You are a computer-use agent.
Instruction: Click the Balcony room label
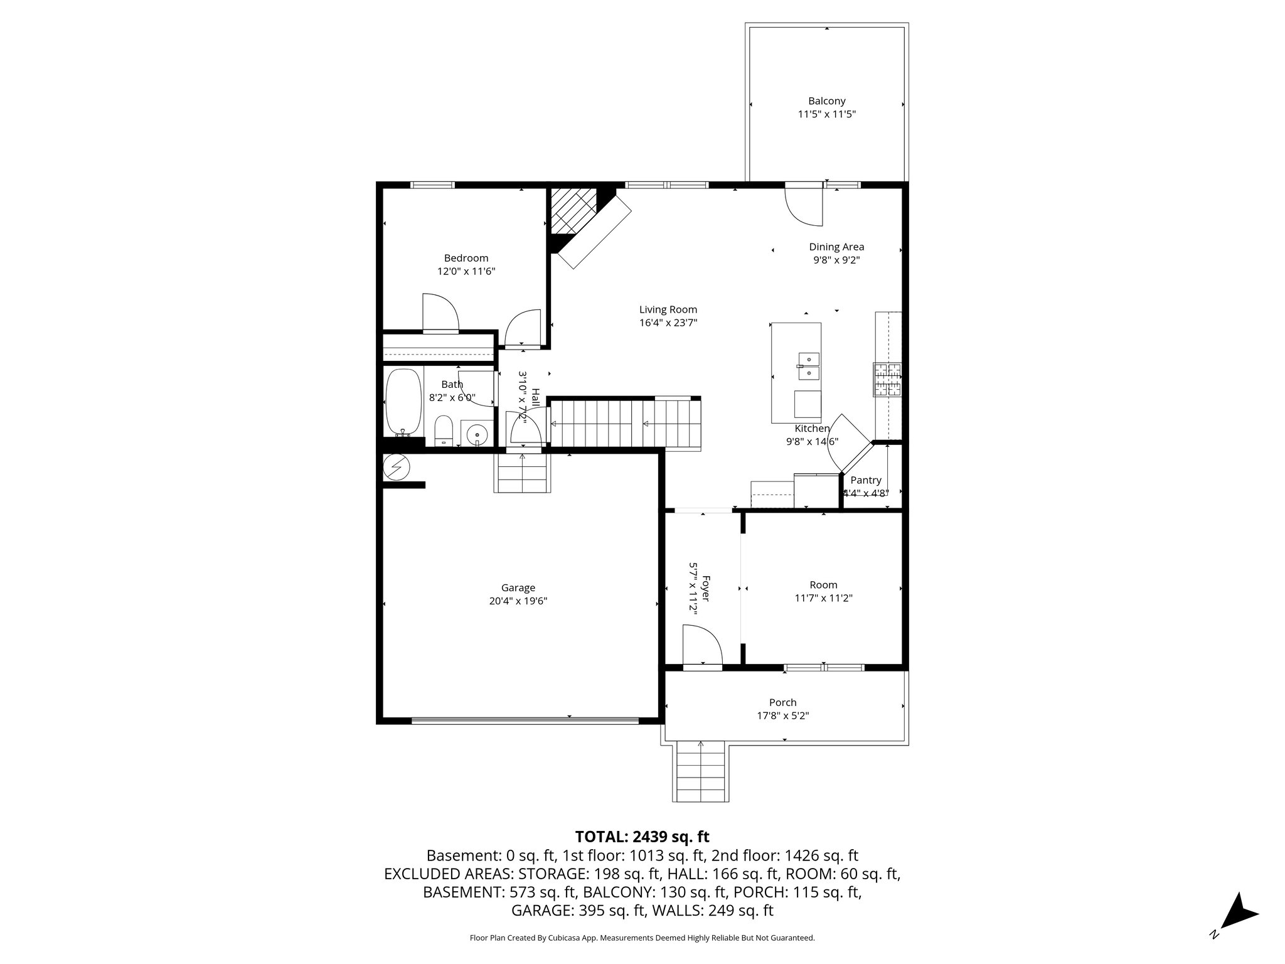(826, 101)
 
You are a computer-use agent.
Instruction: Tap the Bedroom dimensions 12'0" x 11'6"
(466, 272)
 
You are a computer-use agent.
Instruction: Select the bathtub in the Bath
(403, 402)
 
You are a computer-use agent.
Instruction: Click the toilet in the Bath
(444, 430)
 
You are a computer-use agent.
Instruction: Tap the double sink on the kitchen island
(809, 367)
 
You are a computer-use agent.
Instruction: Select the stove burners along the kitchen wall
(887, 380)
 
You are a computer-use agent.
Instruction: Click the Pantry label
(866, 480)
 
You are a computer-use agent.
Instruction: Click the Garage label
(518, 588)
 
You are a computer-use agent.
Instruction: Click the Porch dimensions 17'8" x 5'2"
(782, 715)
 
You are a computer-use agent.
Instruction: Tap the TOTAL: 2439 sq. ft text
(642, 837)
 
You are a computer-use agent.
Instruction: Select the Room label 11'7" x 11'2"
(823, 592)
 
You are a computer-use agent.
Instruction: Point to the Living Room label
(668, 309)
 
